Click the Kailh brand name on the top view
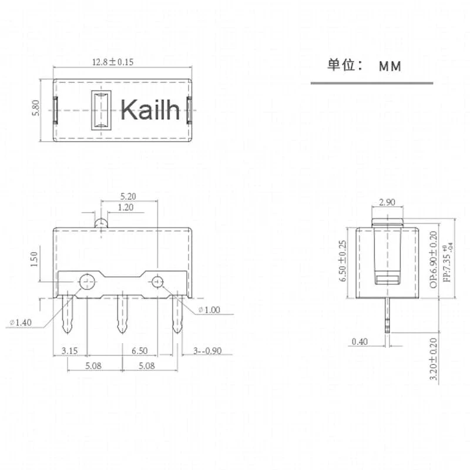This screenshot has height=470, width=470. pyautogui.click(x=150, y=109)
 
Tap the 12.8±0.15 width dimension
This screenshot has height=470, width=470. pyautogui.click(x=113, y=62)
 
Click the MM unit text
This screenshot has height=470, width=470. pyautogui.click(x=390, y=66)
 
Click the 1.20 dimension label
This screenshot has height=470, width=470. pyautogui.click(x=125, y=207)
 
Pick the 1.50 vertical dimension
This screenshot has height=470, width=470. pyautogui.click(x=34, y=258)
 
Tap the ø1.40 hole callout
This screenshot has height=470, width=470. pyautogui.click(x=22, y=321)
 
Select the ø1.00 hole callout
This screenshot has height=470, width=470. pyautogui.click(x=210, y=310)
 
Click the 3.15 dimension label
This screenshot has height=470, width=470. pyautogui.click(x=70, y=351)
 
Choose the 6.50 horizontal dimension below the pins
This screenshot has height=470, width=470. pyautogui.click(x=139, y=351)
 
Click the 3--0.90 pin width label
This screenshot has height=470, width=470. pyautogui.click(x=207, y=351)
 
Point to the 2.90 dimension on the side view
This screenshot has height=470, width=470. pyautogui.click(x=387, y=202)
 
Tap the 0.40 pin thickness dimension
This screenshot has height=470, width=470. pyautogui.click(x=360, y=341)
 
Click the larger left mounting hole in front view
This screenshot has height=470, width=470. pyautogui.click(x=88, y=282)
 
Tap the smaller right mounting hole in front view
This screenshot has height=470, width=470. pyautogui.click(x=157, y=282)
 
